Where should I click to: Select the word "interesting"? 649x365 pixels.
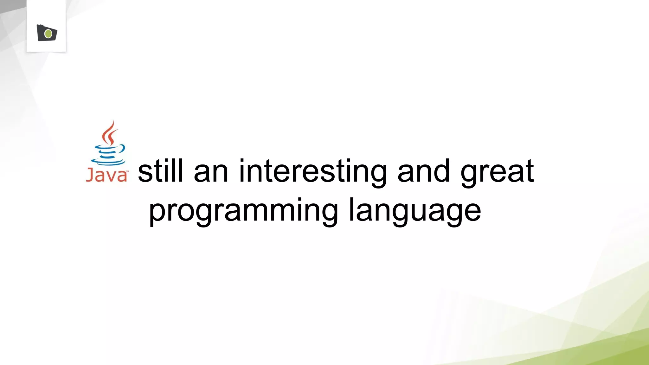click(312, 173)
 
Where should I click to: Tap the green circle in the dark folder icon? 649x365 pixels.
click(48, 34)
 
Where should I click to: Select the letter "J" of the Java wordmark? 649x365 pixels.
click(89, 175)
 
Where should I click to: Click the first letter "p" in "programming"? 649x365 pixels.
click(157, 213)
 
